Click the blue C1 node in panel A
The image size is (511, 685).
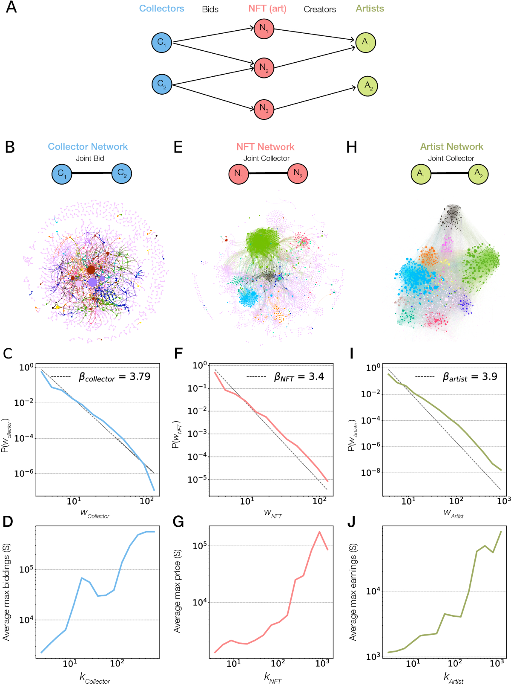162,43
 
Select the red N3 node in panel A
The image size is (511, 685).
264,109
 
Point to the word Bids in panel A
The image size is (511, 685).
210,9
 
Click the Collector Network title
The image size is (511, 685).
88,147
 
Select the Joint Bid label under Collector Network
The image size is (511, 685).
90,158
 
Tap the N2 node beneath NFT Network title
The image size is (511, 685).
297,173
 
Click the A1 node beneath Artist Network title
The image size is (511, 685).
421,174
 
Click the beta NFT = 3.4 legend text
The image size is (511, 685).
299,377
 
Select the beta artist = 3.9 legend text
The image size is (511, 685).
470,377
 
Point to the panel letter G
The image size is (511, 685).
178,522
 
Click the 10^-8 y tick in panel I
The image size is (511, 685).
370,473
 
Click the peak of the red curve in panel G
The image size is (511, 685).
319,532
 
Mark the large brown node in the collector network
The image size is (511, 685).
91,269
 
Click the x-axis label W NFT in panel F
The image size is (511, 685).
273,513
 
